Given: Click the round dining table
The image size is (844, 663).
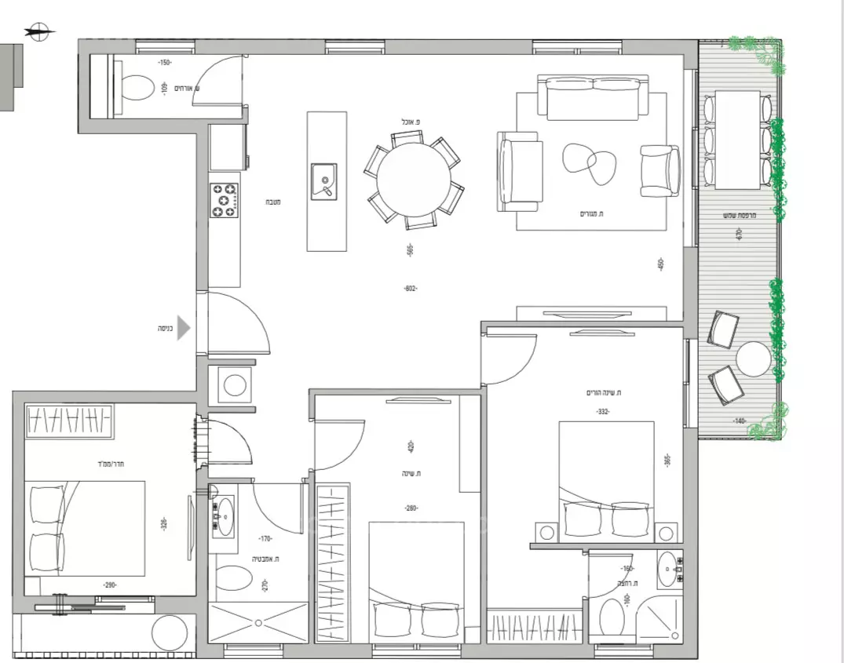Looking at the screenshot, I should pos(413,180).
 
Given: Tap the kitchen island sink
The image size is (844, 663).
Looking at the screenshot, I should pos(324,181).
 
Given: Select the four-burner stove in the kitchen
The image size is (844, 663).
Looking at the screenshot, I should pos(225,200).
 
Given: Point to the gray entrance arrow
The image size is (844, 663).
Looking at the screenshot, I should pos(183,328).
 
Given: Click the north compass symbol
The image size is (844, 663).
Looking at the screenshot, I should pos(40,32).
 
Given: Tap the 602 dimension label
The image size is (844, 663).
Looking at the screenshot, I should pos(411,289).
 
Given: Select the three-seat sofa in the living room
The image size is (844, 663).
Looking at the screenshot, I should pos(593,98).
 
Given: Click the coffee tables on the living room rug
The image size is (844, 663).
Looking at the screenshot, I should pos(590,162).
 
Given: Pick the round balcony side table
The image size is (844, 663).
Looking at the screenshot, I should pos(754,359).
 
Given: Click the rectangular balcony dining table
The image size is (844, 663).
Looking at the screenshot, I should pos(737,140).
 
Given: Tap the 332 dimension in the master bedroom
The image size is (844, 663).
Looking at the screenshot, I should pos(603,412).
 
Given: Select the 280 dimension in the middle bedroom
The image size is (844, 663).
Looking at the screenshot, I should pos(411,508).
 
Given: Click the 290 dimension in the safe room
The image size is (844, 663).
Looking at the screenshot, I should pos(111,585).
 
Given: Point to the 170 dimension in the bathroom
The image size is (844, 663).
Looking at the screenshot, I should pos(265,539).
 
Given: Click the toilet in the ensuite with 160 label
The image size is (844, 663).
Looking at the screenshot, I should pos(612,617).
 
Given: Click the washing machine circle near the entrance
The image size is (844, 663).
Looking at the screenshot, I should pos(234,385).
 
